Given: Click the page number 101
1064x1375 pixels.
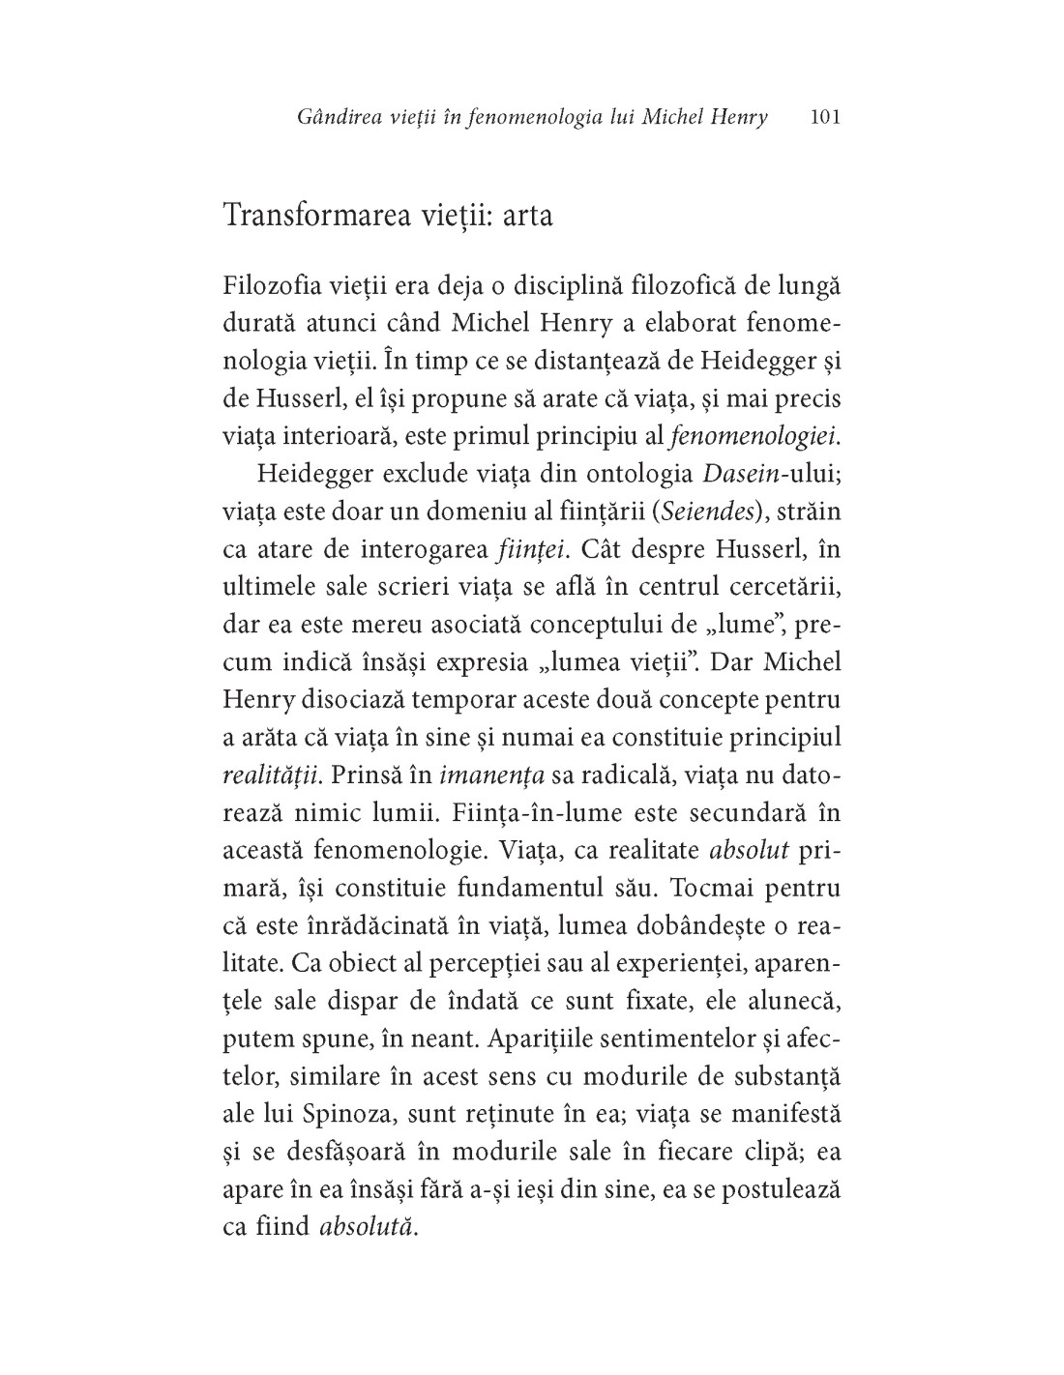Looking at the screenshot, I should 825,118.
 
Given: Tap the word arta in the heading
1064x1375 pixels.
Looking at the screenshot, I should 526,214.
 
